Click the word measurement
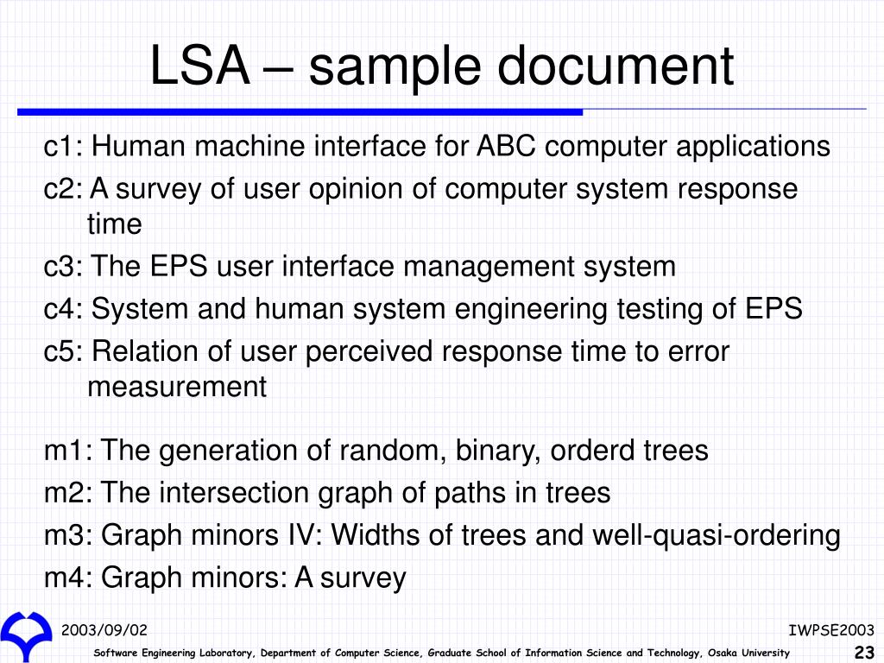pos(177,387)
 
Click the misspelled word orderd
pos(592,451)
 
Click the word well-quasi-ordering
pos(716,535)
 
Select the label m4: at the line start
pos(69,578)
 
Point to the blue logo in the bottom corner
pos(26,634)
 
